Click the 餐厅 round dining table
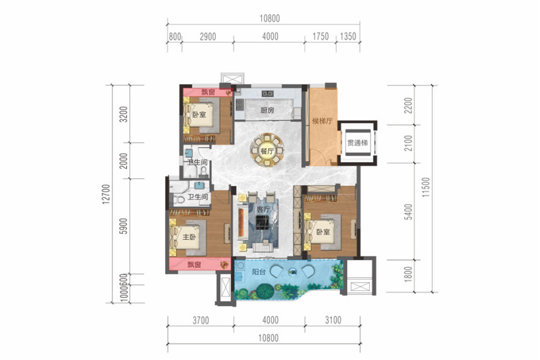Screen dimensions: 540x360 [267, 151]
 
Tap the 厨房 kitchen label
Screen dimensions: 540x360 [267, 111]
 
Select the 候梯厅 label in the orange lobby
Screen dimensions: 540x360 [322, 121]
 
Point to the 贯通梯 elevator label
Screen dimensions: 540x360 [357, 143]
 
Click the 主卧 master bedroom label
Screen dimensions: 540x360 [189, 237]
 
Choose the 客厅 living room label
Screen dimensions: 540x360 [263, 209]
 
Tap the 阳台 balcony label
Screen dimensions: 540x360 [259, 272]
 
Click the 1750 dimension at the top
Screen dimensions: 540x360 [320, 36]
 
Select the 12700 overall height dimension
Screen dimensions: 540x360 [106, 194]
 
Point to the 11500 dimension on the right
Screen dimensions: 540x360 [426, 187]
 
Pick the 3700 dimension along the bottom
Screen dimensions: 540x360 [200, 320]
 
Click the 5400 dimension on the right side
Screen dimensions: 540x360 [408, 212]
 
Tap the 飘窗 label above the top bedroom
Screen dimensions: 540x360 [208, 92]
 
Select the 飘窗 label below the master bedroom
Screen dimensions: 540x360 [194, 265]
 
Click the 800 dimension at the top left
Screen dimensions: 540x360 [175, 36]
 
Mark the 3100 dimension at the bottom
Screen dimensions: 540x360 [333, 320]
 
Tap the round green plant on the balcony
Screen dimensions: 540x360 [265, 291]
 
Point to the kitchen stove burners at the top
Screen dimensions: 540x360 [267, 94]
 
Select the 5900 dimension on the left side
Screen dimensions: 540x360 [124, 226]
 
